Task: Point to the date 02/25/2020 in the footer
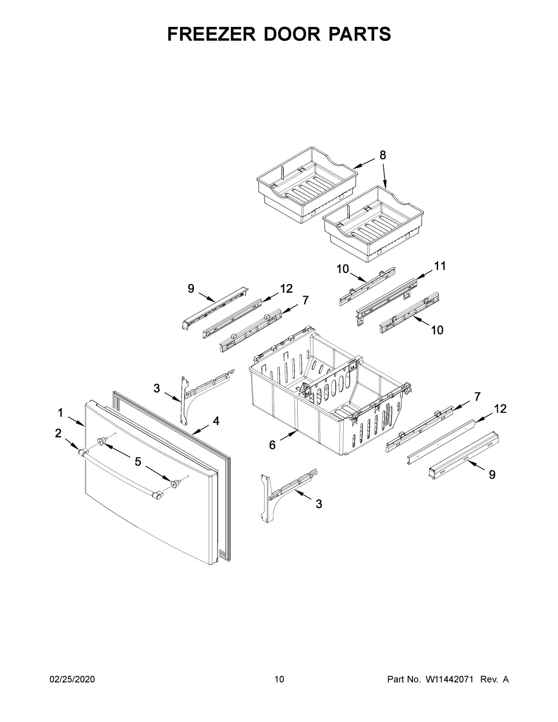[x=72, y=680]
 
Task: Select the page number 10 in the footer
[x=279, y=680]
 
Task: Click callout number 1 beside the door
[x=60, y=412]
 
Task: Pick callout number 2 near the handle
[x=58, y=434]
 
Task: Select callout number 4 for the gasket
[x=216, y=421]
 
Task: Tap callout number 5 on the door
[x=138, y=462]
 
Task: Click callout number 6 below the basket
[x=272, y=445]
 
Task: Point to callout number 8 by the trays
[x=382, y=155]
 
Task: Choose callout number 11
[x=439, y=266]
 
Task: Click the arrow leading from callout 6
[x=288, y=437]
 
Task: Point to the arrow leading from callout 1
[x=76, y=421]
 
